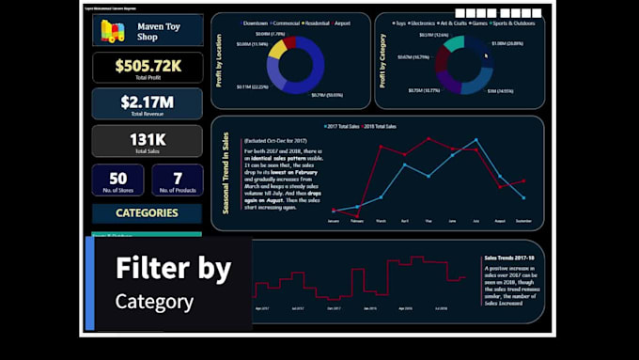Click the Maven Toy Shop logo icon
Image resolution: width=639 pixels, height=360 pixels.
click(x=114, y=31)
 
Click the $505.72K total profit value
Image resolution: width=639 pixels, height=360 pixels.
click(x=148, y=65)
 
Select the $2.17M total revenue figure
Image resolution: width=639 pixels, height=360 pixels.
click(x=148, y=101)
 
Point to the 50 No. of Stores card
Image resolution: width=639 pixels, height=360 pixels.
click(x=118, y=180)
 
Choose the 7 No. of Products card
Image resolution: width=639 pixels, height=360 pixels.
click(x=178, y=180)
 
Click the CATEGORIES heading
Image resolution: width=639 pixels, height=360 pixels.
click(x=147, y=212)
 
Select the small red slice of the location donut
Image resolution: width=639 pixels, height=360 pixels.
click(x=290, y=41)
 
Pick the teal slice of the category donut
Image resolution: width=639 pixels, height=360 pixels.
click(x=454, y=43)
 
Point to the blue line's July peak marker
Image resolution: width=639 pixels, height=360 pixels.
click(x=475, y=140)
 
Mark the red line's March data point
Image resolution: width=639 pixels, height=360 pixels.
click(x=381, y=147)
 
